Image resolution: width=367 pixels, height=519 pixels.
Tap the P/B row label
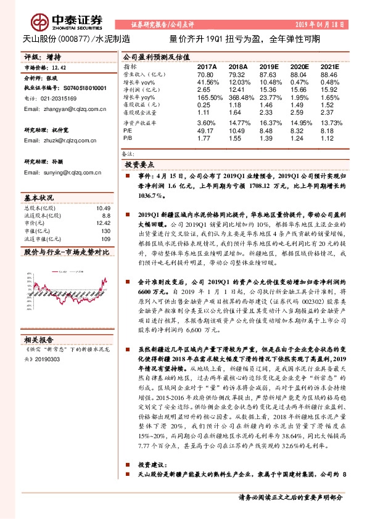point(127,139)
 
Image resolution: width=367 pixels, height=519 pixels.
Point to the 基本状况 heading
point(39,198)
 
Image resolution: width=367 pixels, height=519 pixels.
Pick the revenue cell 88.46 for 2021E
point(330,73)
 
